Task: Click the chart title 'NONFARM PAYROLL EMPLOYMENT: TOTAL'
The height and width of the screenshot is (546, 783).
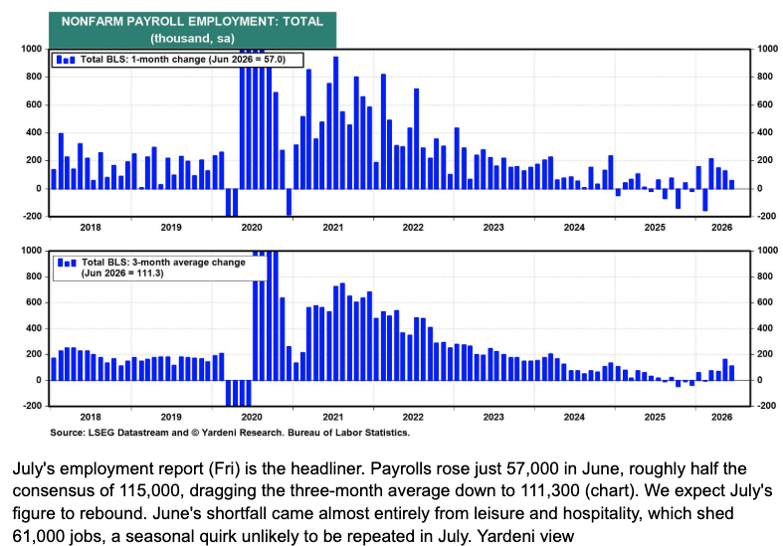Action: [x=192, y=22]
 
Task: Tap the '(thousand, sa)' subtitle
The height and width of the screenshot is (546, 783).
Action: [x=192, y=39]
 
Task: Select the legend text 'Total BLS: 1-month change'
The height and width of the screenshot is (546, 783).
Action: [x=143, y=60]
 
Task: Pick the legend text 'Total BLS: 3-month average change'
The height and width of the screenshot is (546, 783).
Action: [x=163, y=262]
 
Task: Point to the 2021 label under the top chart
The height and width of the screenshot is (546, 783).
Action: [x=332, y=228]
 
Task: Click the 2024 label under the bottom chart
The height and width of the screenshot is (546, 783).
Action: [x=574, y=418]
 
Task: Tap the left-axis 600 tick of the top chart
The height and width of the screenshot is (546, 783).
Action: [x=32, y=104]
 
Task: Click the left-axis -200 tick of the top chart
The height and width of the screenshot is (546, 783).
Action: [x=32, y=216]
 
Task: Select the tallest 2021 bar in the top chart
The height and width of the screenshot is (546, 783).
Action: [x=335, y=122]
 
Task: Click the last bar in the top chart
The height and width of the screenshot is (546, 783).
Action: [x=731, y=185]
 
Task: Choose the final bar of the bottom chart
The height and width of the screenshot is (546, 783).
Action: [x=731, y=373]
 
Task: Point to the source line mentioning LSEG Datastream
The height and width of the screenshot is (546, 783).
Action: [x=230, y=433]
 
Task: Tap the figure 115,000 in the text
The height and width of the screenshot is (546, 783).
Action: [x=149, y=491]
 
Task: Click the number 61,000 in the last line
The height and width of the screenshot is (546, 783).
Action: [x=39, y=536]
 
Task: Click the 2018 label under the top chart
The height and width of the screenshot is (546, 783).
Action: [x=91, y=228]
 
